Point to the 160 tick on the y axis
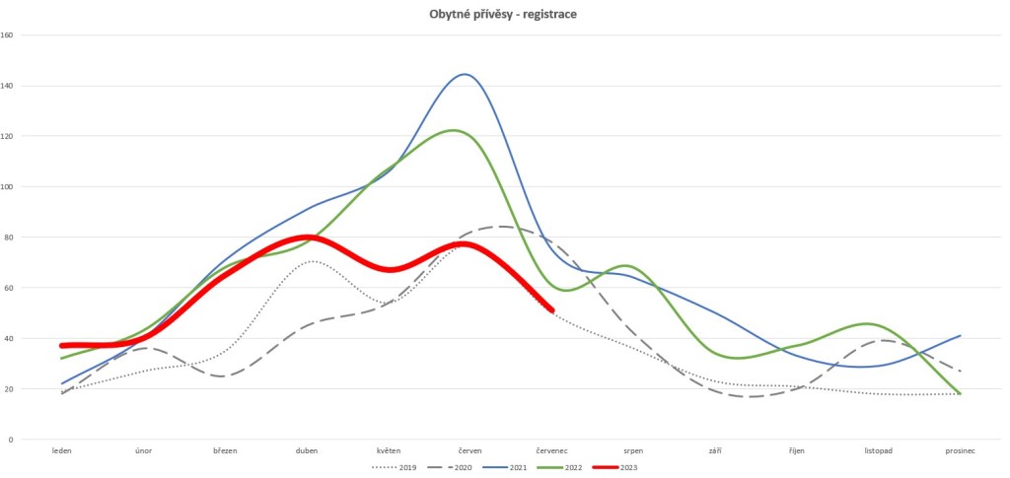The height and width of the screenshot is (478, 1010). pyautogui.click(x=7, y=35)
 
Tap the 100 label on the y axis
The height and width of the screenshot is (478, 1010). pyautogui.click(x=7, y=187)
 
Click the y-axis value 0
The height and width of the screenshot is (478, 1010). pyautogui.click(x=10, y=440)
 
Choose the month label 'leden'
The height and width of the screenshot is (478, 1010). pyautogui.click(x=61, y=450)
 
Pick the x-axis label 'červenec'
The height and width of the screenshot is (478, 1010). pyautogui.click(x=550, y=450)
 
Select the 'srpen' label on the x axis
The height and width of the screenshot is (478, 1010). pyautogui.click(x=634, y=450)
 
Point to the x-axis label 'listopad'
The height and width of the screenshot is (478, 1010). pyautogui.click(x=876, y=450)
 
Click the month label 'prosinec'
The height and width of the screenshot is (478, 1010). pyautogui.click(x=960, y=450)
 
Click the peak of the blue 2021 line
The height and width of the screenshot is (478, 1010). pyautogui.click(x=464, y=74)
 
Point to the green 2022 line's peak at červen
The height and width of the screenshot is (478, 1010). pyautogui.click(x=454, y=130)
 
